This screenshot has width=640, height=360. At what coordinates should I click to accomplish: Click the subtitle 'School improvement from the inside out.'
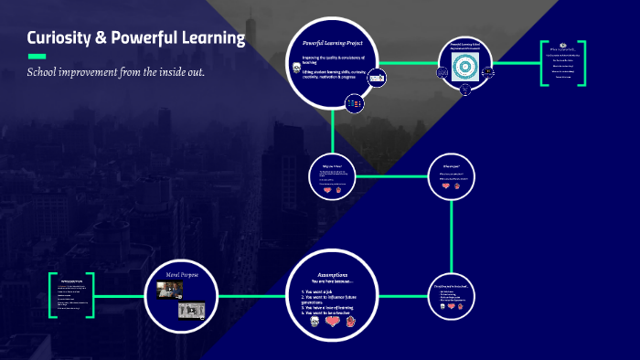pos(116,72)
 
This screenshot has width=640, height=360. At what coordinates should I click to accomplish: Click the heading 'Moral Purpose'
pos(181,273)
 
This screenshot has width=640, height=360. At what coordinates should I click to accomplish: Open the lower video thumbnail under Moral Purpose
pos(189,310)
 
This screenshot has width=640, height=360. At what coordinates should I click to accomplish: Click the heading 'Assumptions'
pos(332,274)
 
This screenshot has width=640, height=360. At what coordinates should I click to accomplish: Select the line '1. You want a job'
pos(322,291)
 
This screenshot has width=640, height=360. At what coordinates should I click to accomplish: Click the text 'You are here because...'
pos(332,281)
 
